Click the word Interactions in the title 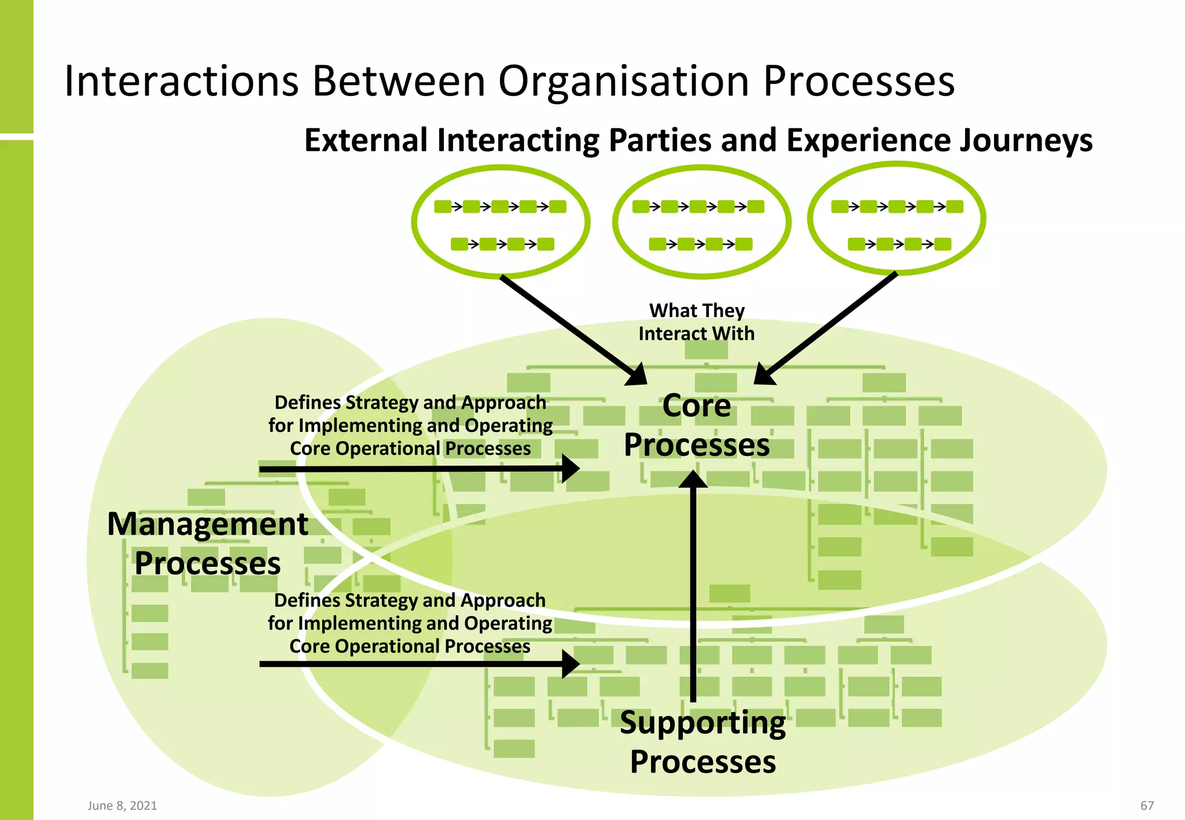click(181, 81)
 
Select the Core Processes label click(697, 425)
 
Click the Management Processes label click(207, 544)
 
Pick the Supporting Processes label click(702, 742)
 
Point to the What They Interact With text click(697, 322)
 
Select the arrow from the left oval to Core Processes click(573, 330)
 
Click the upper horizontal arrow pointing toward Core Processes click(417, 469)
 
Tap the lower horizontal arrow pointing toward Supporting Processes click(417, 664)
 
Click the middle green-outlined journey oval click(701, 221)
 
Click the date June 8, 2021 click(122, 806)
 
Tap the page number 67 click(1146, 806)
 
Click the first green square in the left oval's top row click(443, 206)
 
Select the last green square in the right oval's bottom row click(943, 244)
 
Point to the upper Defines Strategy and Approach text click(410, 425)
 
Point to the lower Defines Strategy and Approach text click(410, 623)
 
